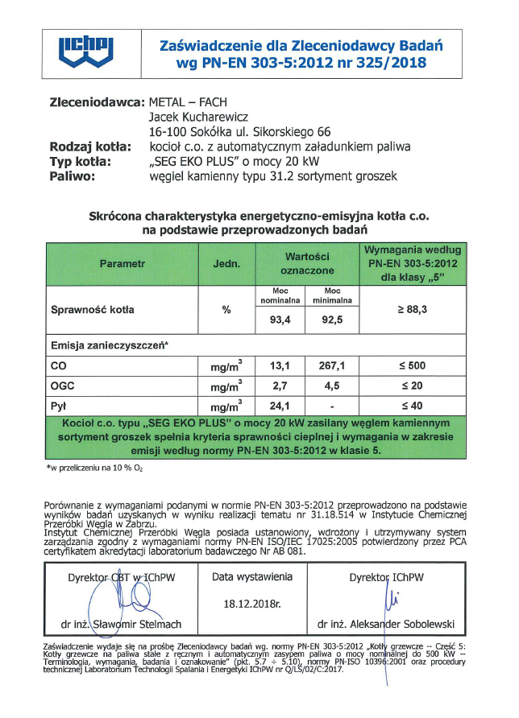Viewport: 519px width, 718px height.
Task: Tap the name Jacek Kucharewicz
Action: point(200,118)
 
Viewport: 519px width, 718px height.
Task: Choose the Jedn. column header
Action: point(226,264)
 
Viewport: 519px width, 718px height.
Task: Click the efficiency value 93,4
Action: point(280,320)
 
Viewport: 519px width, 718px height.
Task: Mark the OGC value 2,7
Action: point(280,386)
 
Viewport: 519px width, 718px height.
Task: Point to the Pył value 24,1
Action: point(280,405)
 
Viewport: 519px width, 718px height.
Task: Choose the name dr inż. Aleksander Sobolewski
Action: point(386,624)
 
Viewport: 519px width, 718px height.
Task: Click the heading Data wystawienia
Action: point(252,577)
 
